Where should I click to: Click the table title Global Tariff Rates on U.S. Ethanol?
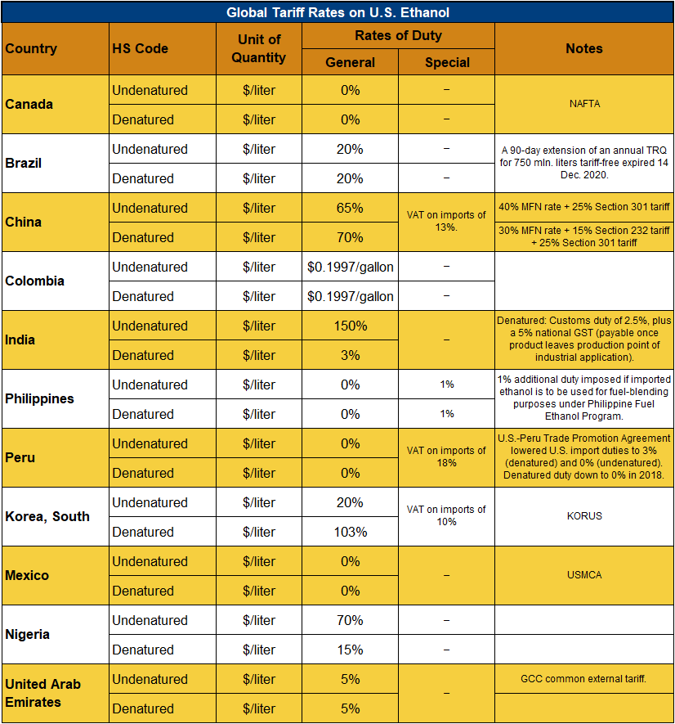click(x=337, y=12)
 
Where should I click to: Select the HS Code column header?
click(x=140, y=48)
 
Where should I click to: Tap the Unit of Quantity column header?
click(x=259, y=48)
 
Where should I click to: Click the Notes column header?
click(x=583, y=48)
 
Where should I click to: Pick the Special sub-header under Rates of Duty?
click(x=447, y=62)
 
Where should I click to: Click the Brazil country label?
click(x=23, y=163)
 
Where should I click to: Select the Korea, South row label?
click(x=47, y=516)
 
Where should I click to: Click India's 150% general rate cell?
click(x=351, y=326)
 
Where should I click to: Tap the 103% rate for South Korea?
click(x=351, y=532)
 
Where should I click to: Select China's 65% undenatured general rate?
click(x=351, y=208)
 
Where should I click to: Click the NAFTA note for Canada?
click(x=583, y=104)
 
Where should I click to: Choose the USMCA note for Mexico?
click(x=583, y=575)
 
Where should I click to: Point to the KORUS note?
click(x=583, y=516)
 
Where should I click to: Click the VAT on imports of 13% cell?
click(x=447, y=222)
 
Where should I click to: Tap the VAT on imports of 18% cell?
click(x=447, y=456)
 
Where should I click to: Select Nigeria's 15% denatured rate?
click(x=351, y=650)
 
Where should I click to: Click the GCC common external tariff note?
click(x=583, y=679)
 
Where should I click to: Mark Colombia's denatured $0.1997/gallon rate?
click(x=351, y=296)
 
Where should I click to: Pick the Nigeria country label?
click(x=28, y=634)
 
